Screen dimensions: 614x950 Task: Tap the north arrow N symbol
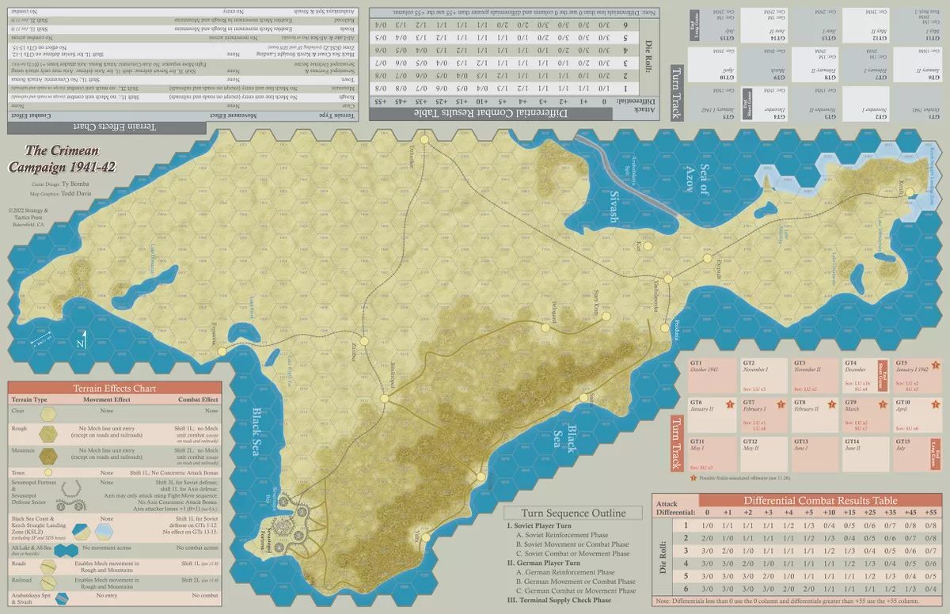click(x=80, y=343)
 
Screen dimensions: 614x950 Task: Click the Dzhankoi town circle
click(x=424, y=139)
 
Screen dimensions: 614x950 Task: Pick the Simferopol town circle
click(x=385, y=398)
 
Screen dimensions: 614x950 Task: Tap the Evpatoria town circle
click(x=222, y=351)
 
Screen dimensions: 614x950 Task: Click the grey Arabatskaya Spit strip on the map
click(x=625, y=170)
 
